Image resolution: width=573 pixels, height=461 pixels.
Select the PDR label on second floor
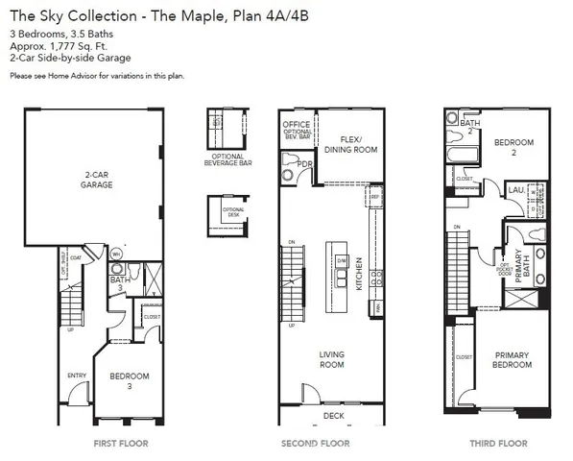[x=305, y=163]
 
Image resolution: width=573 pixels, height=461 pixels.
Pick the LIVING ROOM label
[x=331, y=359]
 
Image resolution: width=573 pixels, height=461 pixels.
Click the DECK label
[x=333, y=416]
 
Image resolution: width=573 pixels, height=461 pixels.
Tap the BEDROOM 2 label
[x=513, y=147]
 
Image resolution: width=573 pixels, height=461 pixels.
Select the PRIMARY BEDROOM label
[x=512, y=359]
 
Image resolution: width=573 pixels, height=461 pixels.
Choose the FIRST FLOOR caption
[x=120, y=444]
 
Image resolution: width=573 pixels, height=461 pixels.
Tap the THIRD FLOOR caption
[x=496, y=444]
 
